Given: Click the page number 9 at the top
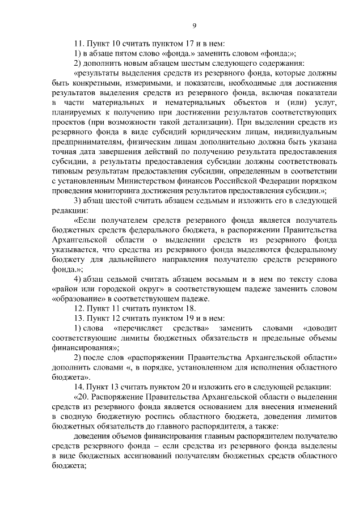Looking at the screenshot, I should click(x=195, y=25).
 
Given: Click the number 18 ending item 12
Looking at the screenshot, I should click(x=189, y=308).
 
